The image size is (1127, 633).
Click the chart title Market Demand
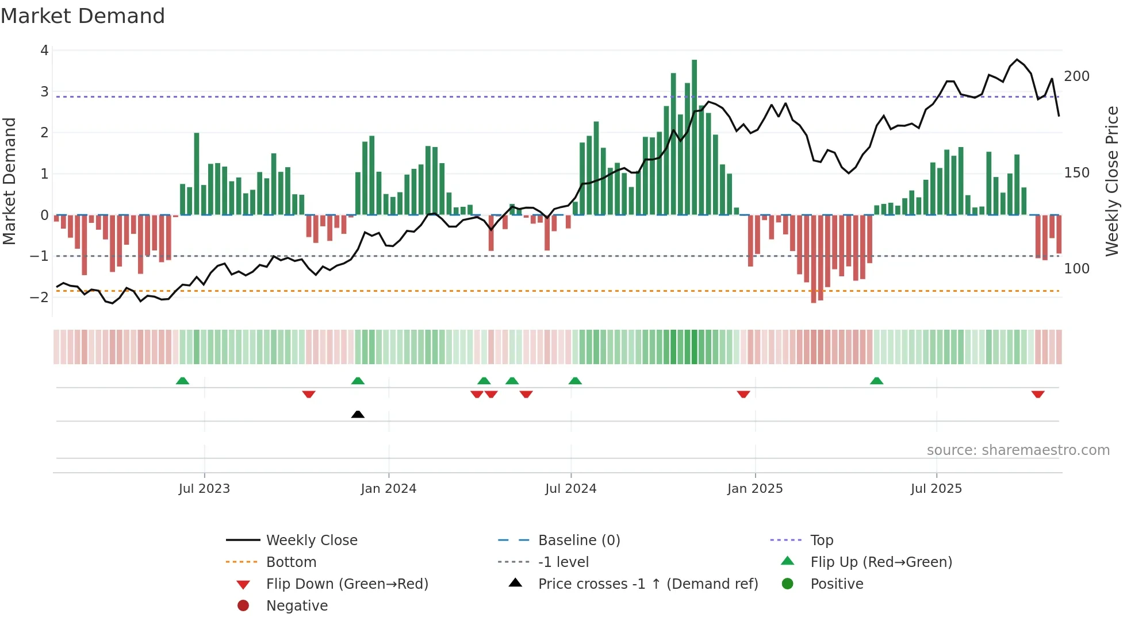(x=83, y=16)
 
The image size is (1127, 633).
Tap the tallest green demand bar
(x=694, y=138)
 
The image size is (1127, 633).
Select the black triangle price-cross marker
(x=358, y=414)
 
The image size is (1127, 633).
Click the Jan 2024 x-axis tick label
(x=388, y=489)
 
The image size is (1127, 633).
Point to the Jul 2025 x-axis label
(x=936, y=489)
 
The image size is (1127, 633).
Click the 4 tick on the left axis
(x=44, y=51)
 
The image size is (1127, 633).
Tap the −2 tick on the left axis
(x=40, y=298)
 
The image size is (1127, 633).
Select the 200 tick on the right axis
(x=1076, y=76)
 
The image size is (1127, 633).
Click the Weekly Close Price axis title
(x=1112, y=181)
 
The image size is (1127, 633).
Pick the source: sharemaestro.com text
(x=1018, y=450)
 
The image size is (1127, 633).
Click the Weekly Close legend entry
(x=311, y=541)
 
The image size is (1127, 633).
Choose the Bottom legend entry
(x=291, y=562)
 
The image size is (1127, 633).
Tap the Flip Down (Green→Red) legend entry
(x=347, y=584)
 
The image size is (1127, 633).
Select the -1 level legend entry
(x=563, y=562)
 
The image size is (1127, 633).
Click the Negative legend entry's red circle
(x=243, y=606)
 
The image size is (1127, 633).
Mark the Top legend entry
(x=821, y=541)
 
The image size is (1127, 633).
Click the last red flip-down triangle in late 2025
(x=1037, y=394)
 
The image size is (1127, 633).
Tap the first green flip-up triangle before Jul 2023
(x=182, y=381)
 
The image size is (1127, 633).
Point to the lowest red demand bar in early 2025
(x=814, y=258)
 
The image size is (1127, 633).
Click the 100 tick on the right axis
(x=1076, y=269)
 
